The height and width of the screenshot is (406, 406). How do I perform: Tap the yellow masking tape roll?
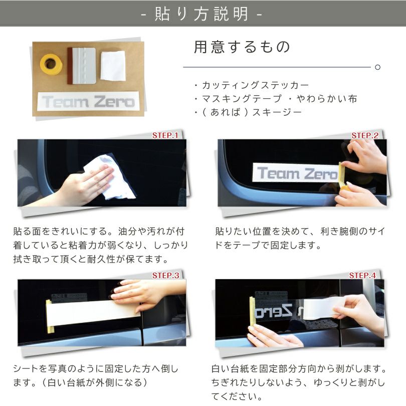click(x=51, y=64)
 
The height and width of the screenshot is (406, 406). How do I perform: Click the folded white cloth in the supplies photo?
click(x=112, y=66)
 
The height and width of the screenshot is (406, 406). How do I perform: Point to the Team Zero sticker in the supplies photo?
click(x=88, y=102)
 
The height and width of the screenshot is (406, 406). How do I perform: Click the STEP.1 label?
click(x=165, y=135)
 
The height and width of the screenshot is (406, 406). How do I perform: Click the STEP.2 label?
click(x=364, y=135)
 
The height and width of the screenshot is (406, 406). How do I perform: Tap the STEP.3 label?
click(x=165, y=275)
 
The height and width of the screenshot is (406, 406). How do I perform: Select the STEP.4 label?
click(x=362, y=275)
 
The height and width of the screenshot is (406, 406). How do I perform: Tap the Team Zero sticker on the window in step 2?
click(x=297, y=174)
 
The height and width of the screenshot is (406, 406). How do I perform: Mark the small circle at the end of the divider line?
click(x=377, y=67)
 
